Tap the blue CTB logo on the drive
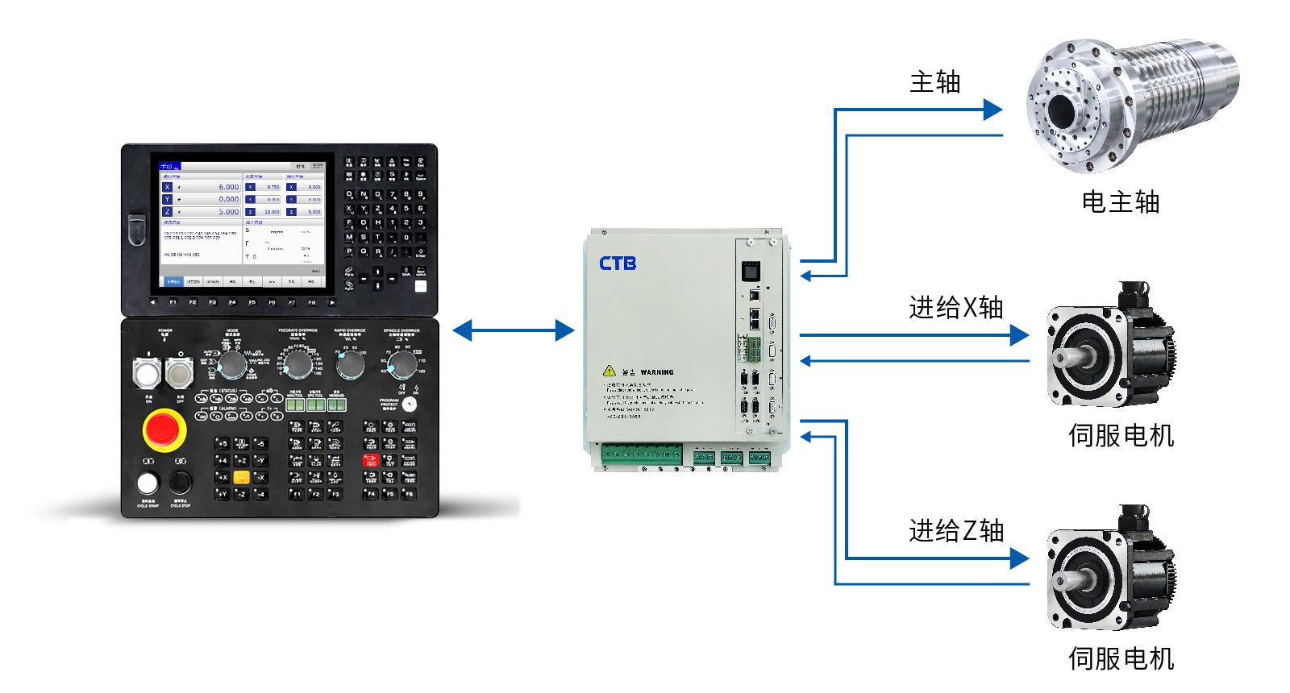618,264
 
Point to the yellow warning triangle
610,371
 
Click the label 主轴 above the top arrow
934,82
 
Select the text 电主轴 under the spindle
1120,202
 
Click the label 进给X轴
955,308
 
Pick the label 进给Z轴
955,531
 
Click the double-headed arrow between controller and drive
514,330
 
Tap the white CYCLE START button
148,483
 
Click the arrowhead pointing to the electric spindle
992,110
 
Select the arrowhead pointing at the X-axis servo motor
1019,335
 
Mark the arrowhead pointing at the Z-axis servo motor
1019,558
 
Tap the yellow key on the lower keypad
241,477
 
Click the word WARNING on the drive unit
657,372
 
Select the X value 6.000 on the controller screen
229,187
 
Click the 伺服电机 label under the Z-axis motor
1121,659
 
